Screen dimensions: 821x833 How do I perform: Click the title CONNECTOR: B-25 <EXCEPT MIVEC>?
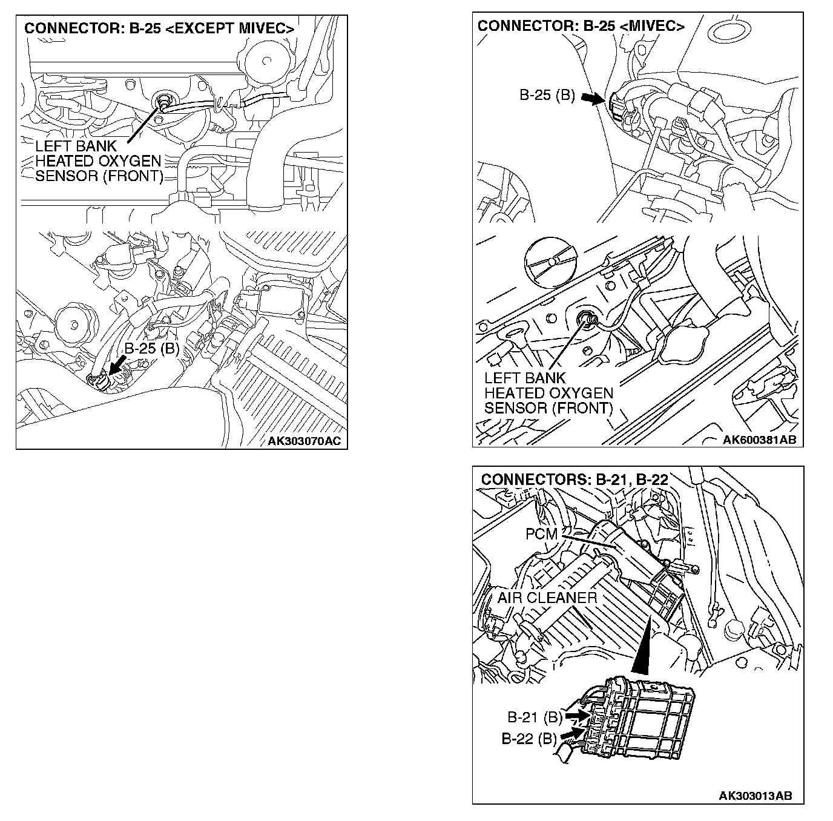[x=159, y=28]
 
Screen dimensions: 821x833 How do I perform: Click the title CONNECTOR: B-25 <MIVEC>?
[x=581, y=26]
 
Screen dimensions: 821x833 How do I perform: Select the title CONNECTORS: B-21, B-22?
[x=574, y=480]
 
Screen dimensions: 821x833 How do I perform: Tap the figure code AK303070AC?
[x=304, y=441]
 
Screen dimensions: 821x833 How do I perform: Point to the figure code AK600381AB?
[x=759, y=440]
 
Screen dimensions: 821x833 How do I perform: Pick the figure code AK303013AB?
[x=756, y=796]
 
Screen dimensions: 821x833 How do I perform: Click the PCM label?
[x=541, y=535]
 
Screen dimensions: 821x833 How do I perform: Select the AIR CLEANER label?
[x=547, y=598]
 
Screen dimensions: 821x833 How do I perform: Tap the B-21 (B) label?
[x=535, y=717]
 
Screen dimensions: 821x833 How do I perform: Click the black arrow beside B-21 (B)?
[x=577, y=716]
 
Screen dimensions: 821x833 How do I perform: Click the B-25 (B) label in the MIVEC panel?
[x=547, y=96]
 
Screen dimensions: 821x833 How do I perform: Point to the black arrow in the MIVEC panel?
[x=592, y=98]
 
